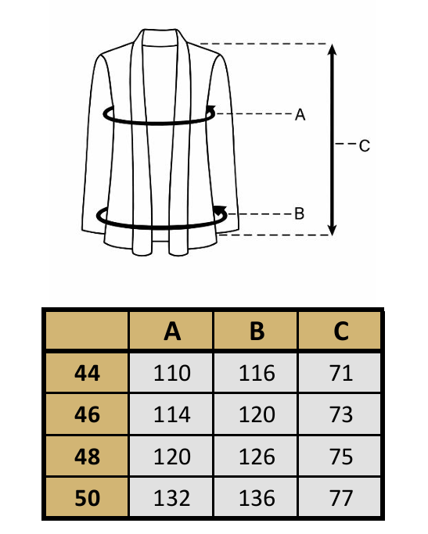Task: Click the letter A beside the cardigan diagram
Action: pos(300,114)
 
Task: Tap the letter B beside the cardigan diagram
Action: pos(299,214)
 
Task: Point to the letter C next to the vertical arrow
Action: pos(365,145)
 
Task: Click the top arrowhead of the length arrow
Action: pos(333,50)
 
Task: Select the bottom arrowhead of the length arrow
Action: pos(333,230)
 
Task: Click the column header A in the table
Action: pos(172,331)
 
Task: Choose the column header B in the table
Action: pos(257,331)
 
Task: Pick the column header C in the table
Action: pos(341,331)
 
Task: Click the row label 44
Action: pos(87,373)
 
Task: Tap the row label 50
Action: pos(87,498)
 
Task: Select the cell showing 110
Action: pos(171,373)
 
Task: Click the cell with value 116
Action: pos(257,373)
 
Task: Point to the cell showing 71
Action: pos(340,373)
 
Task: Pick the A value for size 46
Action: pos(171,414)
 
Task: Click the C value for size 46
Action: pos(340,414)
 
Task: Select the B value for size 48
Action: pos(257,457)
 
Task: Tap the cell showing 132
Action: pos(171,497)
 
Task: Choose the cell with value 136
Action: pos(257,497)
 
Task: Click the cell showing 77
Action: pos(340,497)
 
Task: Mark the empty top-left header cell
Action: pos(87,331)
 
